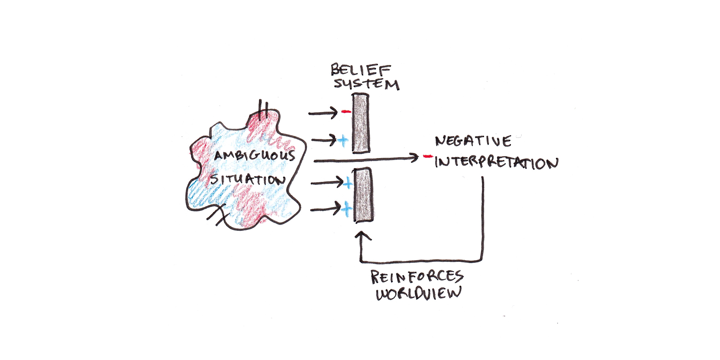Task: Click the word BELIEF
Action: click(360, 70)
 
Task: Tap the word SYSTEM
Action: click(366, 84)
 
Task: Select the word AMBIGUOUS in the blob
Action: click(255, 156)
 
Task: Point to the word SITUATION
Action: click(248, 179)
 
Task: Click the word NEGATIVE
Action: click(473, 141)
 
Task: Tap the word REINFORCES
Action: click(417, 277)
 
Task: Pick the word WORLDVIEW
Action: click(418, 293)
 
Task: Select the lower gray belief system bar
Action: click(363, 195)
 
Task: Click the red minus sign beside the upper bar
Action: click(346, 111)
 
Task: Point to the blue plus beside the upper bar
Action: click(343, 140)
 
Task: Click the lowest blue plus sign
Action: click(346, 209)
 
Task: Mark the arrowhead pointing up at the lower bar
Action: click(363, 236)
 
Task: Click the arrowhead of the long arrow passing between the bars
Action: click(414, 157)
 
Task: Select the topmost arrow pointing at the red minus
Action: click(323, 113)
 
